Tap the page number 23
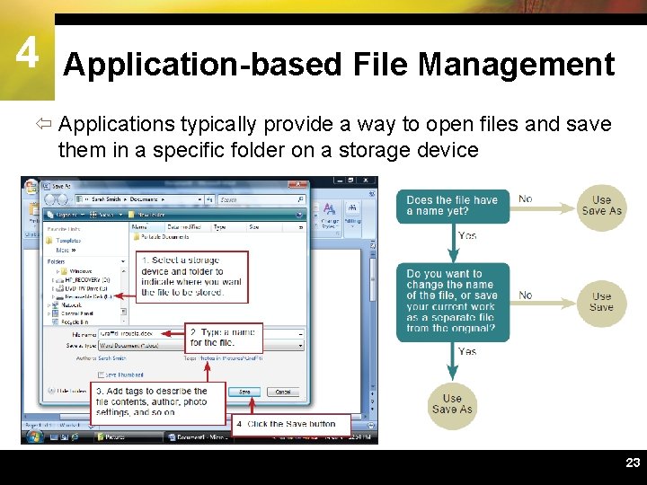pos(633,463)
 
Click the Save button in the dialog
pos(244,392)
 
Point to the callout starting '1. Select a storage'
pos(191,276)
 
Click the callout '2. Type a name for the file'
pos(225,338)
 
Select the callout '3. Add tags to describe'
pos(151,402)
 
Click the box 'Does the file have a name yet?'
pos(452,206)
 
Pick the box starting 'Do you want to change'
pos(452,301)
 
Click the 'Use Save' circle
pos(602,301)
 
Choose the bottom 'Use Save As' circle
pos(452,404)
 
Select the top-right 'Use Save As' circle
pos(602,206)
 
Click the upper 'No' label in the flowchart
pos(526,199)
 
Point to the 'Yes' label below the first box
pos(467,236)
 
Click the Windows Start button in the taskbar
pos(34,437)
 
